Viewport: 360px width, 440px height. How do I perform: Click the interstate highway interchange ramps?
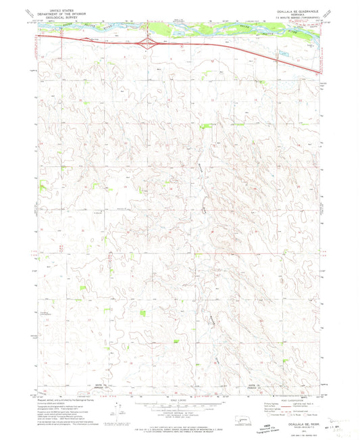tap(147, 43)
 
